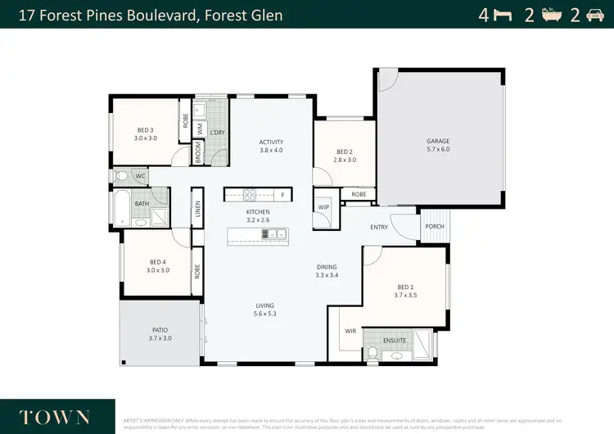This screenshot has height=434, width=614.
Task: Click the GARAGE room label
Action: coord(438,141)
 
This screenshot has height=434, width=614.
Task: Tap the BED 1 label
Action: coord(405,287)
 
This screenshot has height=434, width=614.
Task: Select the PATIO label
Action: coord(160,330)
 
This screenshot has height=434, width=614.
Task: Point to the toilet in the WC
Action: coord(122,175)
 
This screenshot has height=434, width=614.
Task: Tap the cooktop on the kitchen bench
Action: coord(249,195)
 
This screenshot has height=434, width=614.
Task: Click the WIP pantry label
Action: coord(323,207)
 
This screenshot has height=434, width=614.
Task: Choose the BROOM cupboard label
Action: coord(197,153)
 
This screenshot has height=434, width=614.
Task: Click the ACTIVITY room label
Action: coord(271,141)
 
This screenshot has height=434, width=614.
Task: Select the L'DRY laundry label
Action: coord(217,133)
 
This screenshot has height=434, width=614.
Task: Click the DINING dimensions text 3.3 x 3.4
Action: coord(327,275)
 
